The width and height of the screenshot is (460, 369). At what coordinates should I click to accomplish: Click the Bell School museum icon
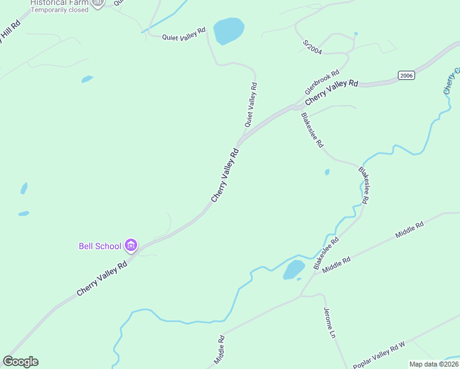point(130,246)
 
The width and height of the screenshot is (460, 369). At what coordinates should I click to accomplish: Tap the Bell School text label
point(100,246)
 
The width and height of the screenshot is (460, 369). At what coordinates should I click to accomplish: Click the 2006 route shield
point(406,75)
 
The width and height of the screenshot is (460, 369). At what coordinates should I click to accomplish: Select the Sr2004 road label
point(313,47)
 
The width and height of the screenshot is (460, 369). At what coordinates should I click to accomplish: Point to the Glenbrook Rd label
point(322,82)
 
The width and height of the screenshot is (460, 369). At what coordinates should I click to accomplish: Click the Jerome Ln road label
point(329,323)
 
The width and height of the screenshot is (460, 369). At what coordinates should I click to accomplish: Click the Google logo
point(20,362)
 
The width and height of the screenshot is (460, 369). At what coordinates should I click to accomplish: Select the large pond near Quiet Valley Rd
point(228,30)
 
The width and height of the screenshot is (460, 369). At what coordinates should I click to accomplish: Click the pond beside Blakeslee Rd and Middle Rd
point(293,269)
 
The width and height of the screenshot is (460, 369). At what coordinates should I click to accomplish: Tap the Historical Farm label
point(57,2)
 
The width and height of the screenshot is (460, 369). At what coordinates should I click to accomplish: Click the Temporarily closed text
point(60,10)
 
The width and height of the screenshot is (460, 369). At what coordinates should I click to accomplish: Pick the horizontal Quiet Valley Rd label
point(183,34)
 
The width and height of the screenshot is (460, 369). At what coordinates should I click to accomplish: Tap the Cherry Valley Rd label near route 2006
point(331,92)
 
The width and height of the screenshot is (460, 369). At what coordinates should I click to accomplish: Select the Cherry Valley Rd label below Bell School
point(102,278)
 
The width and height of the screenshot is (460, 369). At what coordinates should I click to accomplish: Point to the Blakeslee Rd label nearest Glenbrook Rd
point(312,130)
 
